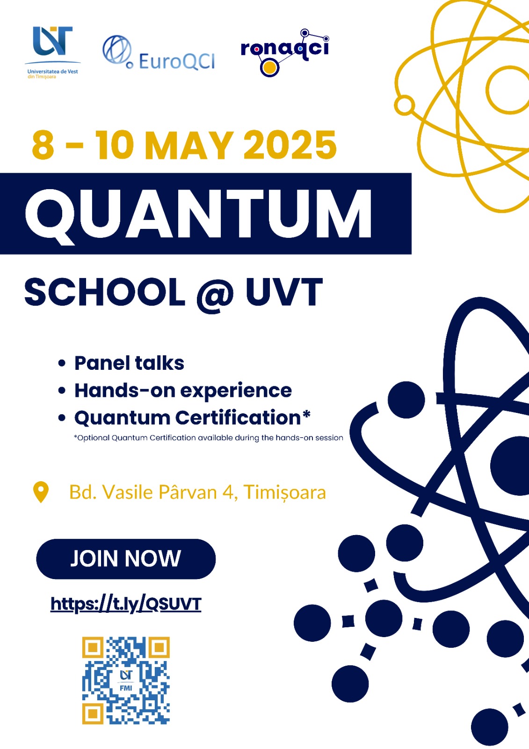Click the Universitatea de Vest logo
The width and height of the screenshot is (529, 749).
pyautogui.click(x=52, y=52)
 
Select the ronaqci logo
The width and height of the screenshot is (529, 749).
pyautogui.click(x=285, y=52)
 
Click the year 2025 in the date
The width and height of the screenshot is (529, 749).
pyautogui.click(x=290, y=146)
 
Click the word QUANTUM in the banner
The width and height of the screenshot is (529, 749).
pyautogui.click(x=198, y=214)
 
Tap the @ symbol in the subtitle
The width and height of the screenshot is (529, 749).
pyautogui.click(x=215, y=293)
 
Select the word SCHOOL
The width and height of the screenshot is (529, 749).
pyautogui.click(x=105, y=292)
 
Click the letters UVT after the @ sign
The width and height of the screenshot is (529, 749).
pyautogui.click(x=284, y=292)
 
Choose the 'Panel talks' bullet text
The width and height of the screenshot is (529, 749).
pyautogui.click(x=129, y=363)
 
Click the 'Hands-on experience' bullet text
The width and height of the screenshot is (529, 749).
pyautogui.click(x=183, y=390)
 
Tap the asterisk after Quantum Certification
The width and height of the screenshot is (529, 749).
pyautogui.click(x=306, y=414)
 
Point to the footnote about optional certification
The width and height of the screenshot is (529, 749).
pyautogui.click(x=209, y=438)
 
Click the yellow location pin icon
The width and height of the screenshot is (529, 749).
pyautogui.click(x=41, y=492)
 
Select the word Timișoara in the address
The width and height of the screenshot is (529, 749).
pyautogui.click(x=284, y=492)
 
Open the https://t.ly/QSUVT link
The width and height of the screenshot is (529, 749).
pyautogui.click(x=126, y=604)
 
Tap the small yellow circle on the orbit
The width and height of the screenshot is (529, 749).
pyautogui.click(x=405, y=105)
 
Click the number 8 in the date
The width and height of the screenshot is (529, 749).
pyautogui.click(x=43, y=146)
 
